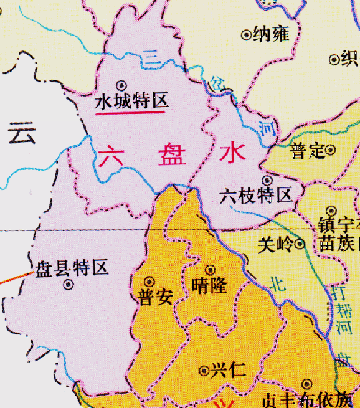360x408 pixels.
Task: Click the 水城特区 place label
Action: click(131, 101)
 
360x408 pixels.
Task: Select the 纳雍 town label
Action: click(272, 34)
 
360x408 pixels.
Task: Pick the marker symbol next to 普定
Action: click(331, 149)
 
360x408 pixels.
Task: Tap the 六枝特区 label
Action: click(256, 197)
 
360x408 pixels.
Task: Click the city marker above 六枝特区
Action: click(265, 180)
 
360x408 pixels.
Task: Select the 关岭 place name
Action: click(275, 244)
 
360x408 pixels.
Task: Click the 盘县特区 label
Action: click(72, 268)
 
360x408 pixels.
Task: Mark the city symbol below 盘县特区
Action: click(69, 285)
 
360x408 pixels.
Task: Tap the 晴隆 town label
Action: click(210, 287)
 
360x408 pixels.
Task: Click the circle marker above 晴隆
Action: click(211, 270)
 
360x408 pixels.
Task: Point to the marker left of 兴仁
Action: click(203, 371)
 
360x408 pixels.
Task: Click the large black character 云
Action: click(22, 133)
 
